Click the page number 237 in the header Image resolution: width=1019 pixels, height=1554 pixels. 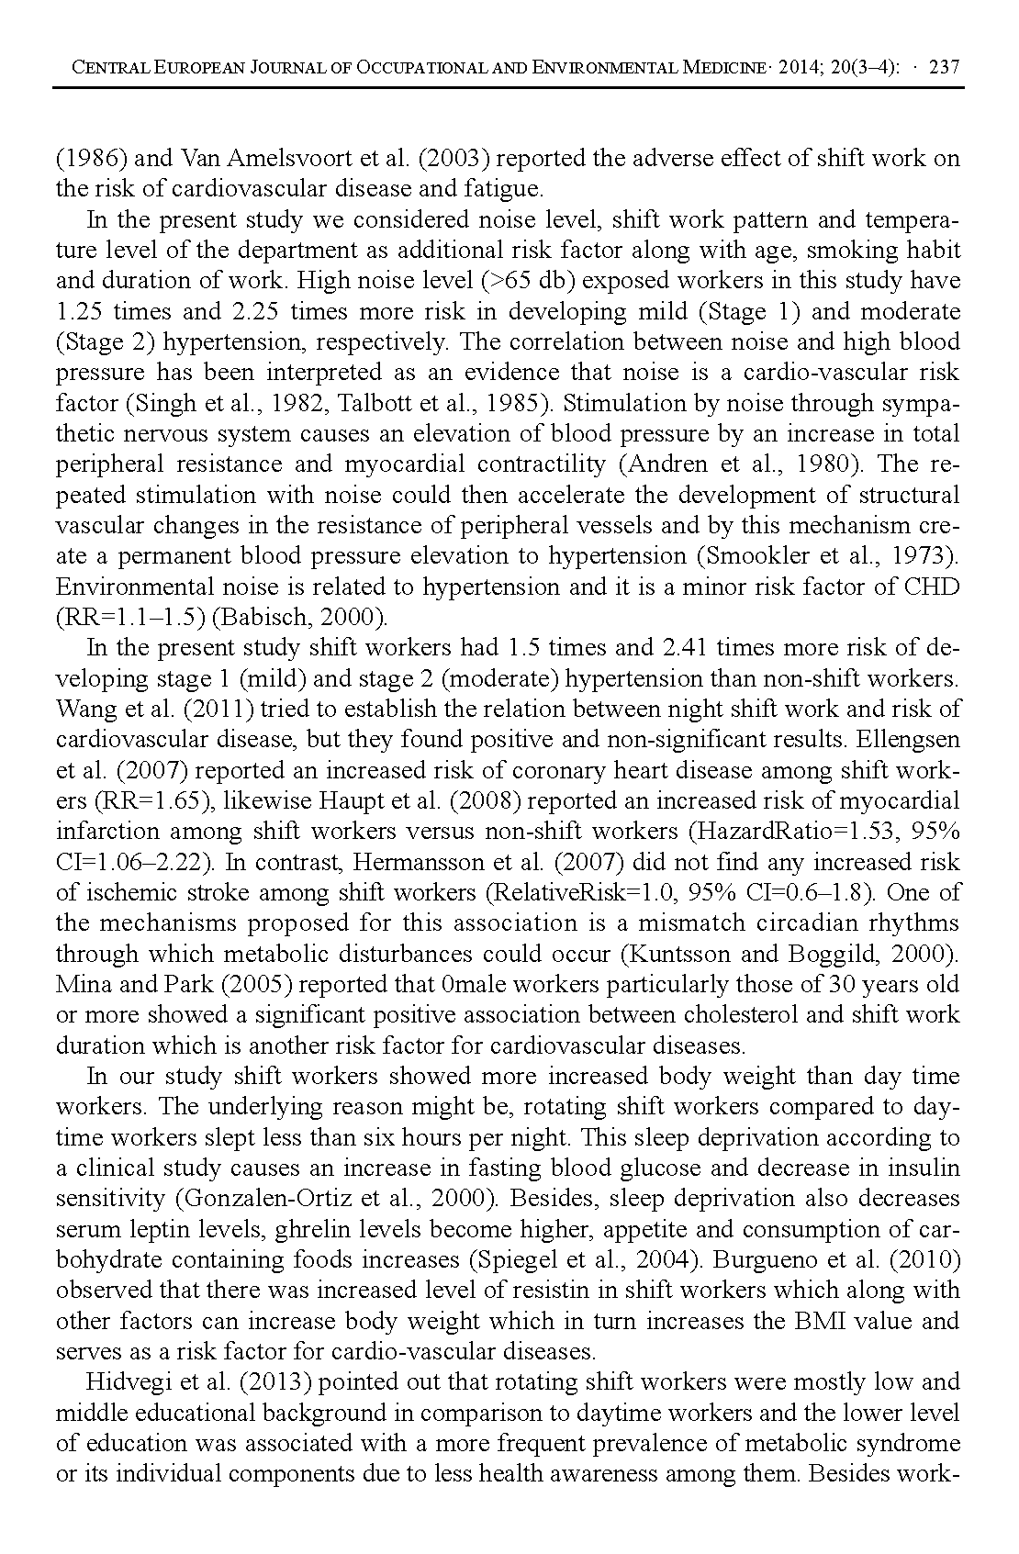[x=945, y=67]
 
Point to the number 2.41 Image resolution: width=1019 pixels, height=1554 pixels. [x=684, y=648]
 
